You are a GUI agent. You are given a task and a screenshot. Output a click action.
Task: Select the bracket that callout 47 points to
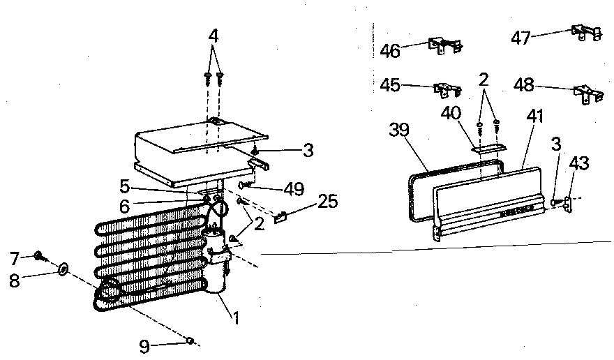pyautogui.click(x=583, y=32)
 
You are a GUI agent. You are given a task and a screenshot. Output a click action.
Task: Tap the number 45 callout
pyautogui.click(x=390, y=85)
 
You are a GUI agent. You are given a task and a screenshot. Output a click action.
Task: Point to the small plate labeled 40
pyautogui.click(x=488, y=148)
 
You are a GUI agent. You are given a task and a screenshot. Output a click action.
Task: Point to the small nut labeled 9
pyautogui.click(x=189, y=340)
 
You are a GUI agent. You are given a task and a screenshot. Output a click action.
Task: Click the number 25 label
pyautogui.click(x=327, y=202)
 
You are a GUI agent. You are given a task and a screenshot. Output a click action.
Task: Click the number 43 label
pyautogui.click(x=578, y=164)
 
